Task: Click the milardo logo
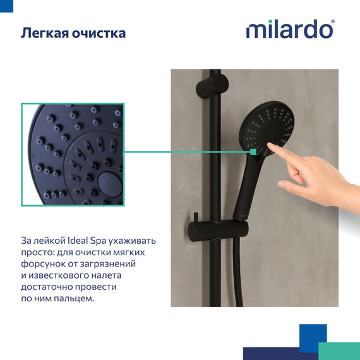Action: (x=290, y=30)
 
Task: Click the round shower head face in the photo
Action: (x=265, y=127)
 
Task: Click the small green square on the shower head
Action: (x=253, y=152)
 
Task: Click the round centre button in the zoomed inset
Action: (x=110, y=184)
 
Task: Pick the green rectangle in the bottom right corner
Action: (x=339, y=351)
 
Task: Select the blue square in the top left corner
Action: (x=6, y=6)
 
